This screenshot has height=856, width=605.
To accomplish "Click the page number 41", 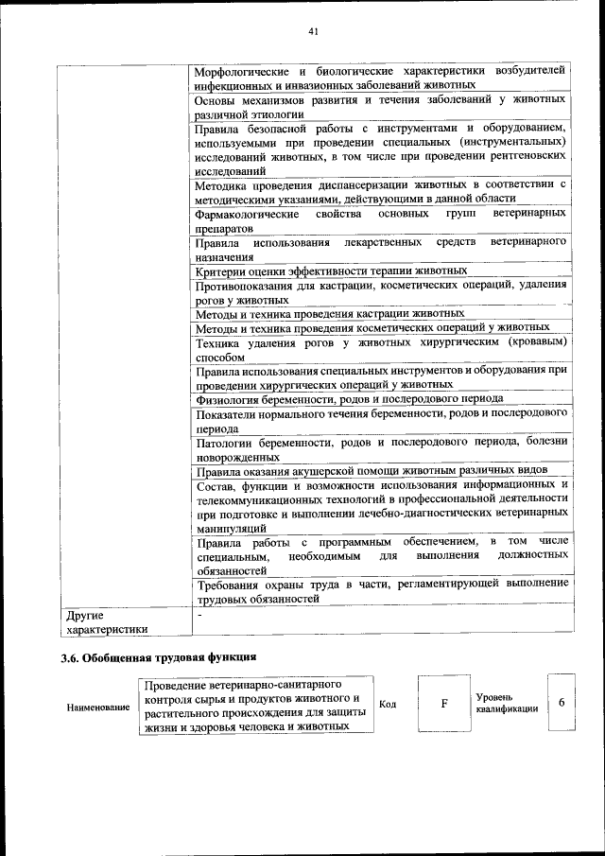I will tap(312, 31).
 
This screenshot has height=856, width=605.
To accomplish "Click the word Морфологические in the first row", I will tap(241, 71).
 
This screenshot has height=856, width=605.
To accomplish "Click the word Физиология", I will tap(227, 398).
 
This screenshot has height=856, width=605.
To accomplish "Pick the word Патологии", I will tap(225, 442).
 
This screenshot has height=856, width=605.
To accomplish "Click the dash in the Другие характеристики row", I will tap(199, 614).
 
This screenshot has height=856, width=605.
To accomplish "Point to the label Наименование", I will tap(98, 707).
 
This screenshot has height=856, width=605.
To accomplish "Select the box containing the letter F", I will tap(442, 705).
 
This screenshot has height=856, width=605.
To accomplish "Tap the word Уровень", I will tap(496, 696).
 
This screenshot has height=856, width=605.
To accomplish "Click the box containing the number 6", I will tap(562, 703).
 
